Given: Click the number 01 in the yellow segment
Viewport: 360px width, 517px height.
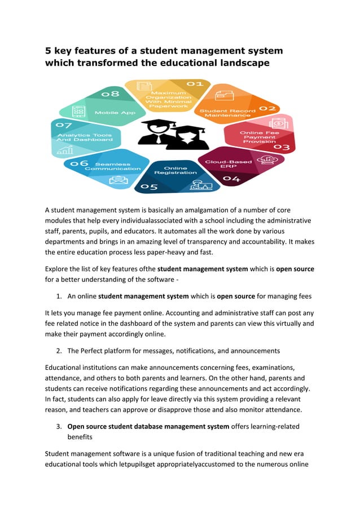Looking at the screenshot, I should [195, 84].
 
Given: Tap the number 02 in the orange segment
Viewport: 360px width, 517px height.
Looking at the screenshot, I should [267, 108].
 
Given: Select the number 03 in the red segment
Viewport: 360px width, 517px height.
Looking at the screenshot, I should [280, 147].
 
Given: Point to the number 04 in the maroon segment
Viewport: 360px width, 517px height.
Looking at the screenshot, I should [231, 179].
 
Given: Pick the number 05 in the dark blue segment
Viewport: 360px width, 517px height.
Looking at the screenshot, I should [149, 187].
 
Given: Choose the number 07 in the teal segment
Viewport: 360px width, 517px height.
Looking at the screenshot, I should [63, 125].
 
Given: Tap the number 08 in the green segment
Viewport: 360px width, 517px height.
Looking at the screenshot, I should [110, 93].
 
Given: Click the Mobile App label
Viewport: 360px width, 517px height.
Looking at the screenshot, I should [115, 112].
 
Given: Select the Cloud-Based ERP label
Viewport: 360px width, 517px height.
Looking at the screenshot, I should [221, 164].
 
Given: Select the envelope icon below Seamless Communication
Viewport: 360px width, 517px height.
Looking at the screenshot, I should [118, 180].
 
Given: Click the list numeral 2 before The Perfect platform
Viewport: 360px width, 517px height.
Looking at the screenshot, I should [59, 351].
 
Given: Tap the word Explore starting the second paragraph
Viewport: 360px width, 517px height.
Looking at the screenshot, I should [58, 269].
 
